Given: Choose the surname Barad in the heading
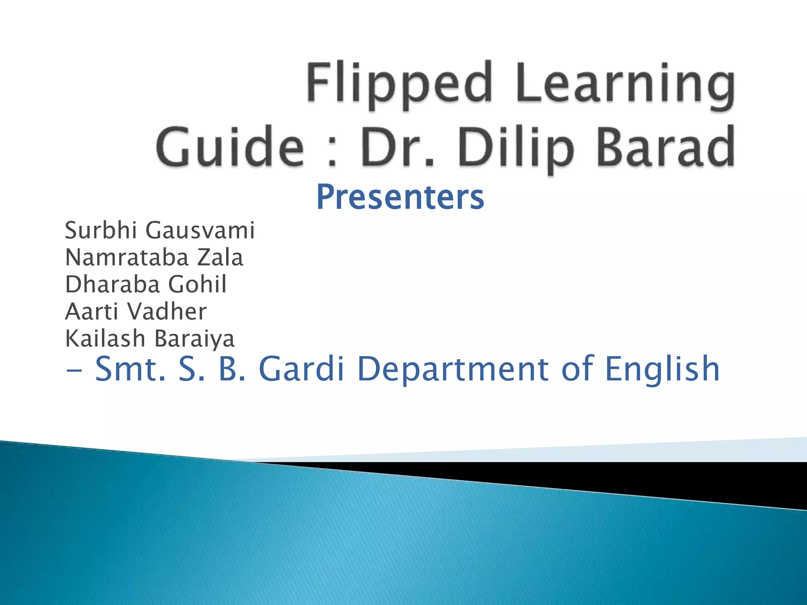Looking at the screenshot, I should click(666, 148).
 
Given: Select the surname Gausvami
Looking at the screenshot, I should click(200, 230).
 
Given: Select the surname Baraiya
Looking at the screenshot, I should click(194, 338).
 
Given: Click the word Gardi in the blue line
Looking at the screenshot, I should click(301, 369).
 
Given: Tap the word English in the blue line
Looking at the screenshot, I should click(662, 369).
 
